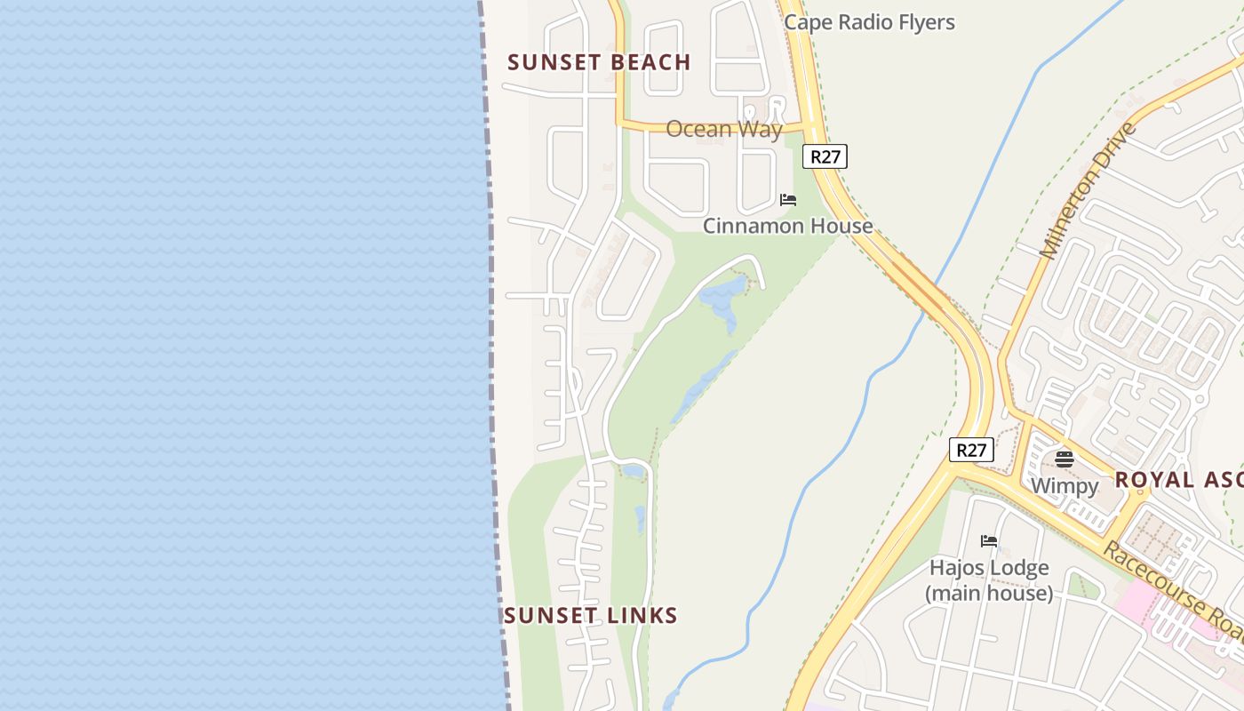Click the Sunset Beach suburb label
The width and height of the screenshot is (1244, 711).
point(599,62)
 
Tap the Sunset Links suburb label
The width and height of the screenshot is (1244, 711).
point(591,615)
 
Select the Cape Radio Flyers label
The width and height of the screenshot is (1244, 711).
point(869,22)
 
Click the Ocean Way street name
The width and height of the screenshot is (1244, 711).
point(723,129)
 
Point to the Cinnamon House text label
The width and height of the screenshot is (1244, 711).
point(787,226)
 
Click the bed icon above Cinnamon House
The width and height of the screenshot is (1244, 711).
point(787,200)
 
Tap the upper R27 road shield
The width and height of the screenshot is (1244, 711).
point(825,156)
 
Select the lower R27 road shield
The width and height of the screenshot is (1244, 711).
point(971,450)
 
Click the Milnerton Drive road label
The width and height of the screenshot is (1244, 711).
point(1088,191)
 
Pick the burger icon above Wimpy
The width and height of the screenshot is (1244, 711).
point(1065,459)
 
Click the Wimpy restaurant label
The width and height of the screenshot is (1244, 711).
point(1065,486)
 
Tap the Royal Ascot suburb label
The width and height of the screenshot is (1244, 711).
point(1178,480)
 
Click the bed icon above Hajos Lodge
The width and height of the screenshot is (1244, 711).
point(989,541)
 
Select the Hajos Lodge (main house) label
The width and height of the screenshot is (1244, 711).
point(989,579)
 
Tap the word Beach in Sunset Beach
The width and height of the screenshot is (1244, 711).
point(648,62)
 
